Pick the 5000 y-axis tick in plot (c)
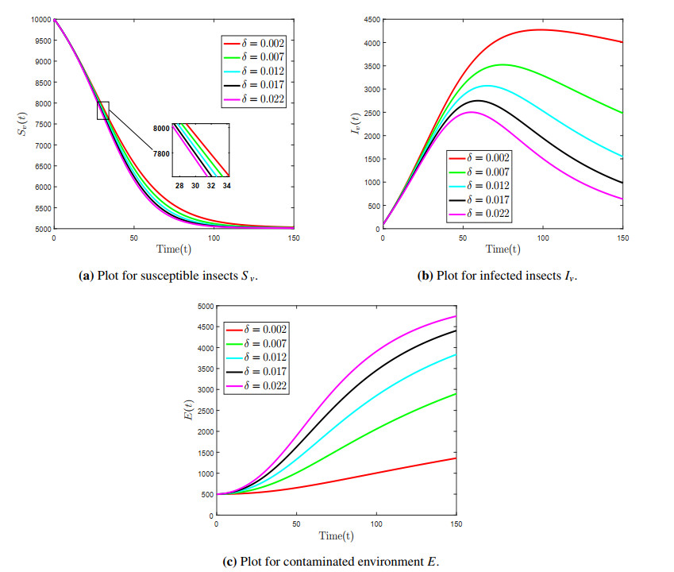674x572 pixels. tap(203, 306)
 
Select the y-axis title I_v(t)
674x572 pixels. tap(355, 124)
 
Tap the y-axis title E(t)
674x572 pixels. tap(188, 411)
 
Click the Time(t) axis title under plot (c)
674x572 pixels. tap(337, 535)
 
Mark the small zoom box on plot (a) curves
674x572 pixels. tap(103, 110)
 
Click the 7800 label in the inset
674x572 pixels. tap(161, 154)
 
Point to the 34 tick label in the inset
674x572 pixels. tap(227, 186)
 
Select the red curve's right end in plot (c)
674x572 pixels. tap(456, 458)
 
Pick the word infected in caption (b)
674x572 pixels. tap(496, 276)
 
